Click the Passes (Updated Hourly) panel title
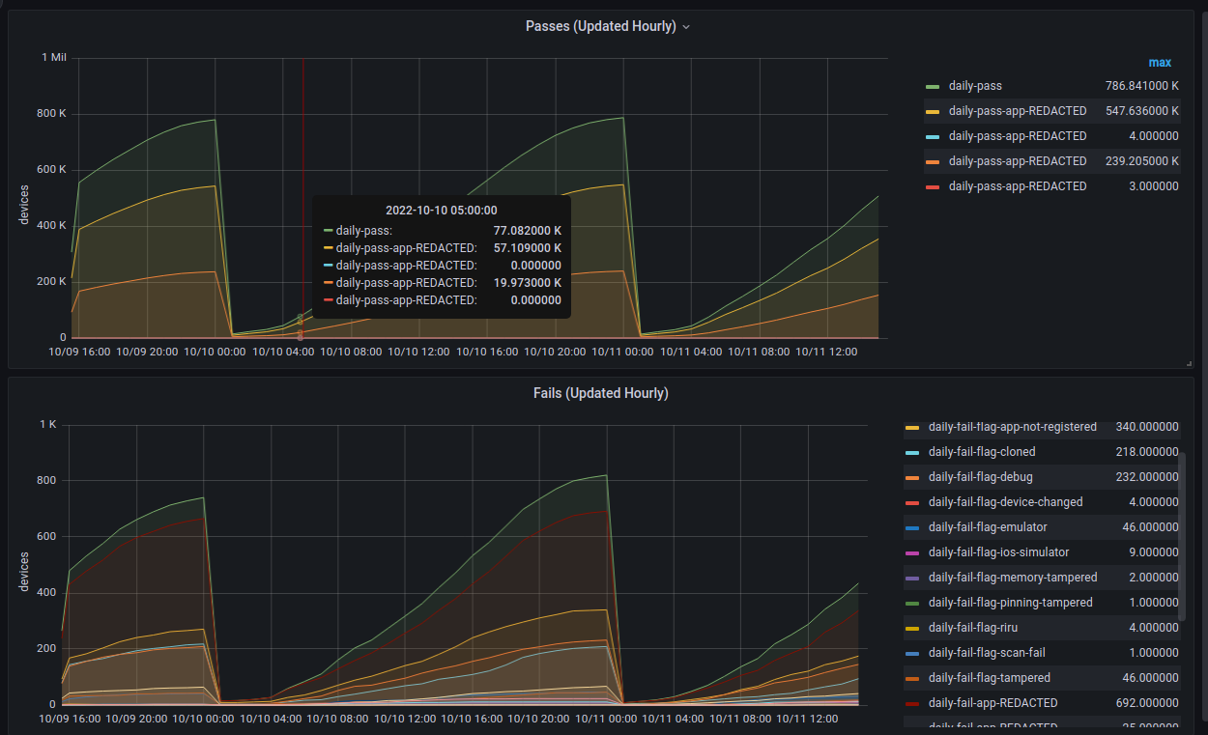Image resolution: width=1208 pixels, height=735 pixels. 600,26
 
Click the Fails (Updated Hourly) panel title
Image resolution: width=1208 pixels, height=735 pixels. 600,393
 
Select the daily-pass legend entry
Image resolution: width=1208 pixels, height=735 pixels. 975,86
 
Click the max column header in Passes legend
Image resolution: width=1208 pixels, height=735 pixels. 1160,63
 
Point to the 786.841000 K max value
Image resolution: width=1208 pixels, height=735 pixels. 1142,86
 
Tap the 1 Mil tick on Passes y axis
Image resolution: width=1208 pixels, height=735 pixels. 54,58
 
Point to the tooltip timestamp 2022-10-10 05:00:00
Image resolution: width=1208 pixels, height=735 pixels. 441,210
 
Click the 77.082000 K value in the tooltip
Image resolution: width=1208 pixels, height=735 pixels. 527,231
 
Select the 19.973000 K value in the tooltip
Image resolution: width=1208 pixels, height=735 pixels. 527,283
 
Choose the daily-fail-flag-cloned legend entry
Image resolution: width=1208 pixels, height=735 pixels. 981,452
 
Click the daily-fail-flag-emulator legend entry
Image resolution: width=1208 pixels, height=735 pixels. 987,527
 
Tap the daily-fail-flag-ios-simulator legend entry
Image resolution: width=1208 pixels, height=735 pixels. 996,552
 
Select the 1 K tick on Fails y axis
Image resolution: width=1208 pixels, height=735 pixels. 48,425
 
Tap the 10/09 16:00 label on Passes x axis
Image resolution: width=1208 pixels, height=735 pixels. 80,352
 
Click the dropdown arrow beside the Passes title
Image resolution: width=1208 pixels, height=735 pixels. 686,27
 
